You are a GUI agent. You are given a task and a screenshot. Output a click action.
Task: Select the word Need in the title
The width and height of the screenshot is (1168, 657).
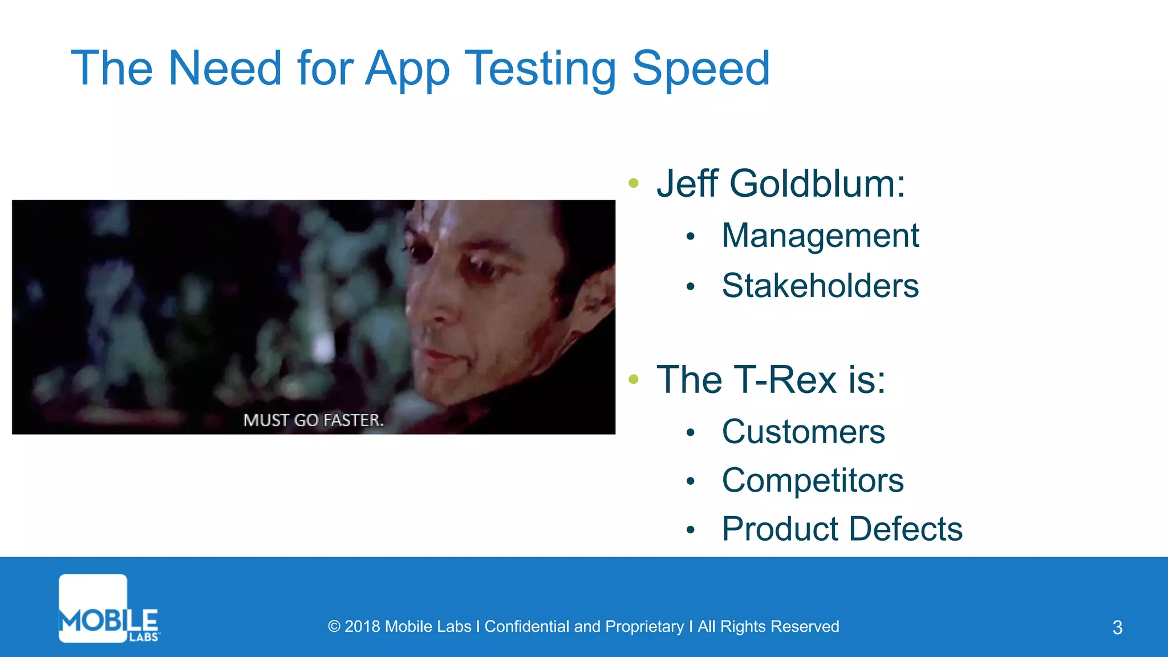[225, 68]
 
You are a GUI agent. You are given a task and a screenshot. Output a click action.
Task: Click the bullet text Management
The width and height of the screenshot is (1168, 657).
[820, 236]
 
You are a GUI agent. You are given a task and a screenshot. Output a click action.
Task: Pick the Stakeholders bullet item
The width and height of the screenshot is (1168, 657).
[820, 286]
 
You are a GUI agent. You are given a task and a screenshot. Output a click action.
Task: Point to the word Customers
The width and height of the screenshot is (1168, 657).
[803, 432]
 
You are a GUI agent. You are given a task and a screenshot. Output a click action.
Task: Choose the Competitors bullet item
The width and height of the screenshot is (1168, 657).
[813, 481]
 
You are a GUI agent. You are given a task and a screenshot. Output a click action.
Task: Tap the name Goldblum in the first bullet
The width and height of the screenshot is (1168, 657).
[817, 184]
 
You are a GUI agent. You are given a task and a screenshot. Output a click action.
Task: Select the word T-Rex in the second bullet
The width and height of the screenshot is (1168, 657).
[785, 380]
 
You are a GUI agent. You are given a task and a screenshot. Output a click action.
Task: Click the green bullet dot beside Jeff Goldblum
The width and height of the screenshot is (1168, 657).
[633, 183]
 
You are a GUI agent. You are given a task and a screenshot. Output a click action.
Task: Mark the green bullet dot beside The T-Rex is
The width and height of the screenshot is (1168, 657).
[633, 379]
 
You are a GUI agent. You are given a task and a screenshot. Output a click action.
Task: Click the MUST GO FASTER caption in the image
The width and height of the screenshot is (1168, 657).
[313, 420]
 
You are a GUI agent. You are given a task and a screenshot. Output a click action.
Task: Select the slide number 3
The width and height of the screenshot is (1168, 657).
[1117, 627]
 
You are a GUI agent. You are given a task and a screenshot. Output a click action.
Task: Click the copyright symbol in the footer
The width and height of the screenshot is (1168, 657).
[334, 627]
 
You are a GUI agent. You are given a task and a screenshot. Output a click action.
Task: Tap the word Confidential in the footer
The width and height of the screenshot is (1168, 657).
[527, 627]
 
